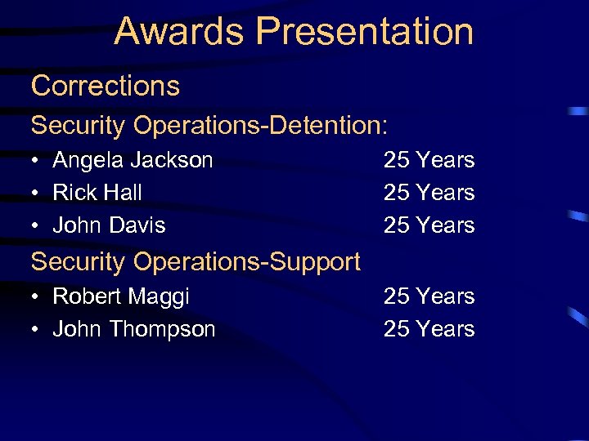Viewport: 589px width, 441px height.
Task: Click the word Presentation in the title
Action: click(365, 31)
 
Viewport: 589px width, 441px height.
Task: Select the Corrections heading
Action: click(105, 86)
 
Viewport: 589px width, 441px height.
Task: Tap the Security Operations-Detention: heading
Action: click(209, 126)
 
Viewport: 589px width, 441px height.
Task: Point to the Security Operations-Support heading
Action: click(195, 261)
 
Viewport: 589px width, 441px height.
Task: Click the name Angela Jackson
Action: click(133, 160)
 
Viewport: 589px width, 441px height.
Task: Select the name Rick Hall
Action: click(97, 193)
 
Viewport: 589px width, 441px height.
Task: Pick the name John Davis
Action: click(109, 225)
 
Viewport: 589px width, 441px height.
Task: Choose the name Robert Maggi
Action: click(120, 296)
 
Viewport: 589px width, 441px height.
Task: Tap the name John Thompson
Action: click(133, 329)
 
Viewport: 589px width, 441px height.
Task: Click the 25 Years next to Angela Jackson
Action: click(429, 160)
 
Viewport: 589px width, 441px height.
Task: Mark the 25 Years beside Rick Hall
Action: click(429, 193)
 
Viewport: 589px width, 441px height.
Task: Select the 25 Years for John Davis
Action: click(429, 225)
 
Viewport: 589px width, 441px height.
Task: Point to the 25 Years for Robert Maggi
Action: click(429, 296)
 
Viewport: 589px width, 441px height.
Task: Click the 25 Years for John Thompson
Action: click(429, 329)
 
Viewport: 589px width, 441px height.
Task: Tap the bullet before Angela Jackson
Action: click(37, 161)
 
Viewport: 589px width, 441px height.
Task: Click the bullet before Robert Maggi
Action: click(37, 297)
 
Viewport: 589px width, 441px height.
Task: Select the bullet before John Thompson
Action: click(37, 330)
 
